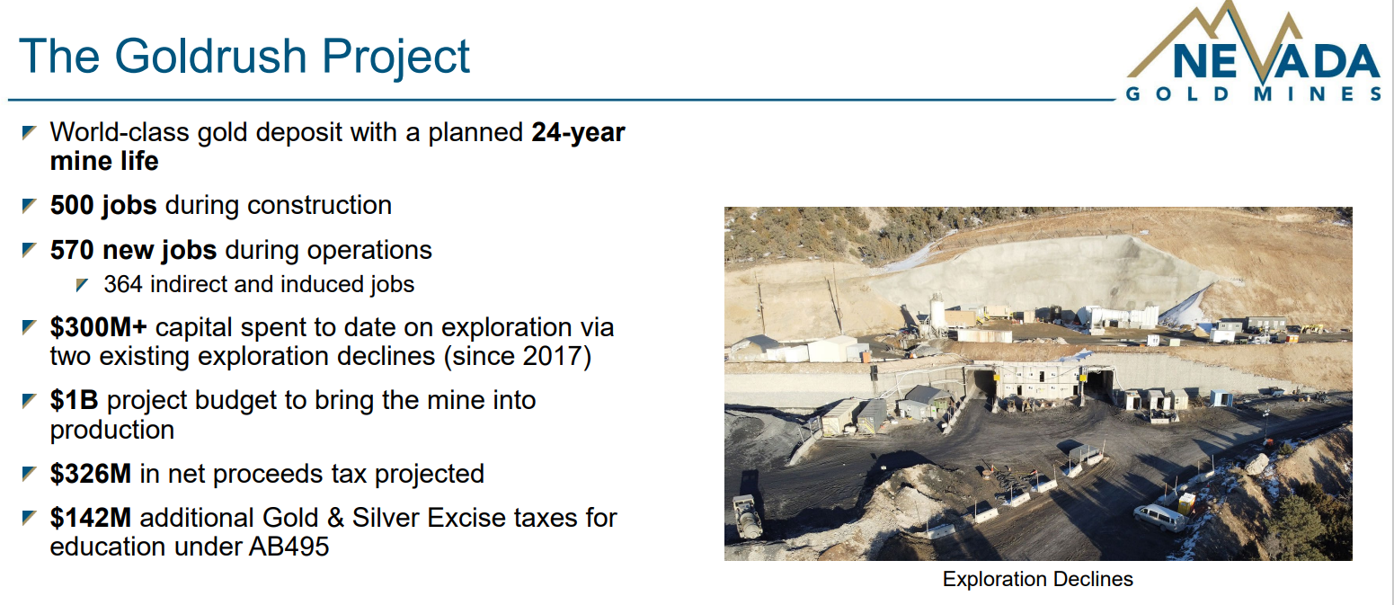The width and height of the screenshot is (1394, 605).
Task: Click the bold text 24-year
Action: (x=578, y=132)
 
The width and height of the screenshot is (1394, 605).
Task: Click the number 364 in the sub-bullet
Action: (x=123, y=284)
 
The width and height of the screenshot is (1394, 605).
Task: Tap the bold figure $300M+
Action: (x=98, y=327)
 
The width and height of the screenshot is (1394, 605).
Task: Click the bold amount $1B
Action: (x=74, y=400)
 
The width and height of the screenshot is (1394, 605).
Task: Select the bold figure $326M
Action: (x=90, y=474)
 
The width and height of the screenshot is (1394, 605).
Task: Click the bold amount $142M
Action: (x=90, y=518)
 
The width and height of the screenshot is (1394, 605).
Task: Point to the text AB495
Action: (x=289, y=547)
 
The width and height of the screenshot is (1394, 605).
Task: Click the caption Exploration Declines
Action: (x=1037, y=579)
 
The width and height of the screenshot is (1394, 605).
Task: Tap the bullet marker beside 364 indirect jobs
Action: (x=82, y=285)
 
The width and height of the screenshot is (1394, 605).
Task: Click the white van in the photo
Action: (x=1159, y=518)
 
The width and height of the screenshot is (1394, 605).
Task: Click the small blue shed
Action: (x=1221, y=398)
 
